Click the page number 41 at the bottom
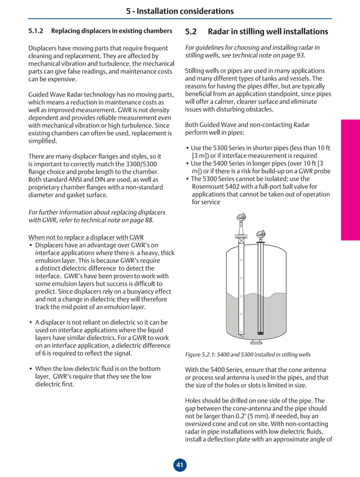pyautogui.click(x=179, y=465)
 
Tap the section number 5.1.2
pyautogui.click(x=37, y=30)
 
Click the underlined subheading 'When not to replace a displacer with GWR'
pyautogui.click(x=86, y=237)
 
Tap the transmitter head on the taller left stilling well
pyautogui.click(x=242, y=217)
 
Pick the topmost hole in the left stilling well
pyautogui.click(x=242, y=260)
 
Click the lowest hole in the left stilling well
pyautogui.click(x=242, y=314)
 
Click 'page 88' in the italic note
pyautogui.click(x=138, y=220)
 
